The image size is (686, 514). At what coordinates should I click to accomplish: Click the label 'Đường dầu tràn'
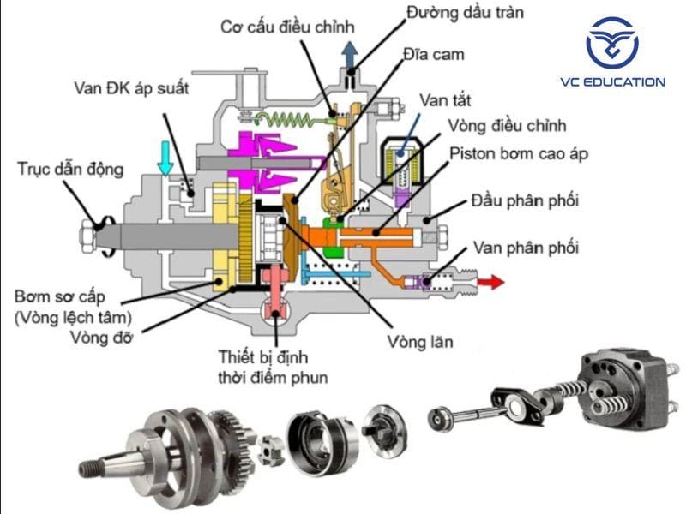(464, 12)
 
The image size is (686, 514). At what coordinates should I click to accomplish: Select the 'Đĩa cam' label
(434, 55)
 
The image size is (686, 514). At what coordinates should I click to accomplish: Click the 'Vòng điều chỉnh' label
(507, 126)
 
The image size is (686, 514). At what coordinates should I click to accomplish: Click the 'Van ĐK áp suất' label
(130, 87)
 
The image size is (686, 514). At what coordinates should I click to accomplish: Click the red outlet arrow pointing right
(490, 281)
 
